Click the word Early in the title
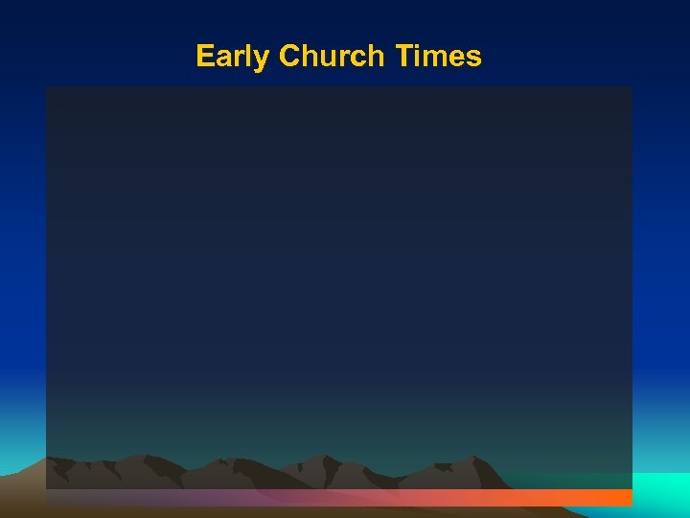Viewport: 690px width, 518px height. [232, 57]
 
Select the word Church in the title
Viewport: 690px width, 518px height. [331, 57]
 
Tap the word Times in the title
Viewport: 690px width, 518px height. [437, 57]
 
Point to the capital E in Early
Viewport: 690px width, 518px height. [204, 57]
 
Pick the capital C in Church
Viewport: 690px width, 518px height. [288, 57]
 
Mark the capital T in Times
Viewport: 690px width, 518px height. [402, 57]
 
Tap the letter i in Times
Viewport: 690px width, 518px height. [415, 57]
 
